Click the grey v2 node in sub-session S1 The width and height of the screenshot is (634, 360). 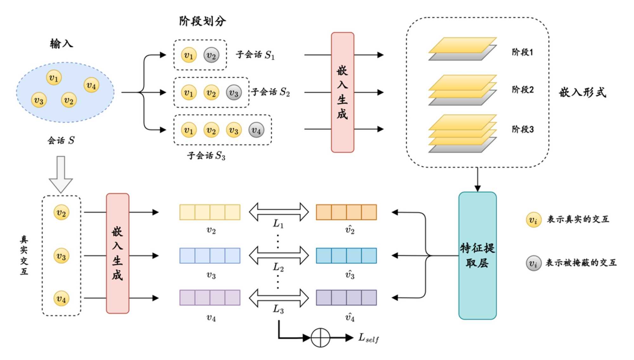pos(211,55)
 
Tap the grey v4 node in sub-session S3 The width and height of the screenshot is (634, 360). pos(256,130)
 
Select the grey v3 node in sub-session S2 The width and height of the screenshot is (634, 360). pos(234,93)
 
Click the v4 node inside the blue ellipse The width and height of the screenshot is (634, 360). pos(91,85)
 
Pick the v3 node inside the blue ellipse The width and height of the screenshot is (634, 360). pos(39,100)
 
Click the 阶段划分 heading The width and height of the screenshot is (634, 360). pos(202,21)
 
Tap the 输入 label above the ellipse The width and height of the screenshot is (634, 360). pos(61,43)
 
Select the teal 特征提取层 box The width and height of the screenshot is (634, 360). pos(477,255)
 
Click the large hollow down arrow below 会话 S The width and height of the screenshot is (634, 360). pos(61,174)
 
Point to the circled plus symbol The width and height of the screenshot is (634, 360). pos(320,338)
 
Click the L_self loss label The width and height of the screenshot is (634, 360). pos(368,338)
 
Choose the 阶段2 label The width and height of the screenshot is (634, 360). pos(522,90)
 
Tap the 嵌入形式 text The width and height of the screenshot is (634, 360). pos(582,92)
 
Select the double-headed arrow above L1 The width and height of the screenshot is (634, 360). pos(279,212)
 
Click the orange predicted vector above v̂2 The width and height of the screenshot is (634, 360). pos(346,212)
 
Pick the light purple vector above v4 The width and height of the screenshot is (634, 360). pos(210,298)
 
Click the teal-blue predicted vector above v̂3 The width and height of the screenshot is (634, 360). pos(346,256)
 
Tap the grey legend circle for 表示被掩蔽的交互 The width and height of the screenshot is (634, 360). pos(533,263)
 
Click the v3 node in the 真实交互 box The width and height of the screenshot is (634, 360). pos(61,256)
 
